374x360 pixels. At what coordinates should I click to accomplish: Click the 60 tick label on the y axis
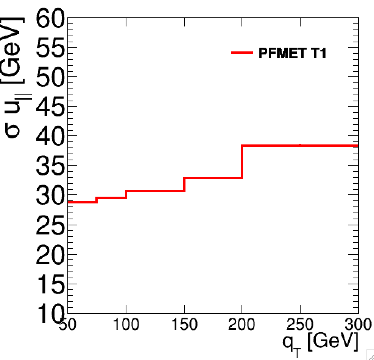click(x=51, y=18)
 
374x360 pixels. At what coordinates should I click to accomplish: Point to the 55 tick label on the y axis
click(x=51, y=48)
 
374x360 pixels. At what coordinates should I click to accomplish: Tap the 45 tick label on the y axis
click(x=51, y=107)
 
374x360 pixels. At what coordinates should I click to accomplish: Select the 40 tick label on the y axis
click(x=51, y=136)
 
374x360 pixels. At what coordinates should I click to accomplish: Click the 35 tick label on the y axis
click(x=51, y=166)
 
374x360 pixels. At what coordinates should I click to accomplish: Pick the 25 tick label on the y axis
click(x=51, y=225)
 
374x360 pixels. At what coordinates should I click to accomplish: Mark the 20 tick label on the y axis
click(x=51, y=254)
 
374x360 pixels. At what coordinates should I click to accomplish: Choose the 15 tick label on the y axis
click(x=51, y=284)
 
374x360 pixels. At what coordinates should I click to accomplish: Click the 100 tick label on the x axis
click(x=126, y=324)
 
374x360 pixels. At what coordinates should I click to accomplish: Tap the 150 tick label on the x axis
click(x=184, y=324)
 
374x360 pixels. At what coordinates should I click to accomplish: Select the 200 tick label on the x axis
click(x=242, y=324)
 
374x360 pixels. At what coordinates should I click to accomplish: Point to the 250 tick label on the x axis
click(x=300, y=324)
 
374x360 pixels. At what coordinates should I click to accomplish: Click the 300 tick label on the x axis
click(x=357, y=324)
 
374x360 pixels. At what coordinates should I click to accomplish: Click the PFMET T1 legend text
click(x=292, y=53)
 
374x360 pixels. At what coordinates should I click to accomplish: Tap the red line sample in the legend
click(x=242, y=53)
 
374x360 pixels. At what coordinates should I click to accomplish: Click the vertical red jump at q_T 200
click(x=242, y=161)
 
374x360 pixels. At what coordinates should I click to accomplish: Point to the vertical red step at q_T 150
click(x=184, y=184)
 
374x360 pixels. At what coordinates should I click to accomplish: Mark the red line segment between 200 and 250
click(x=271, y=146)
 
